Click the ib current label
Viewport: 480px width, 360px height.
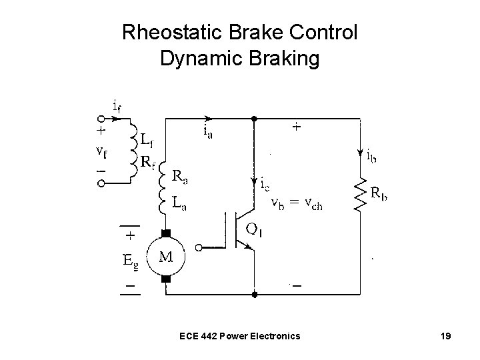pyautogui.click(x=374, y=157)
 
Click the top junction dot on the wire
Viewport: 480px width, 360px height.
pyautogui.click(x=254, y=119)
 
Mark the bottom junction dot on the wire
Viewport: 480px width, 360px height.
pyautogui.click(x=254, y=293)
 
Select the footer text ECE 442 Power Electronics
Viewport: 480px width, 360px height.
pyautogui.click(x=240, y=335)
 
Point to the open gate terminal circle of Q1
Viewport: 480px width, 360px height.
pyautogui.click(x=198, y=245)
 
